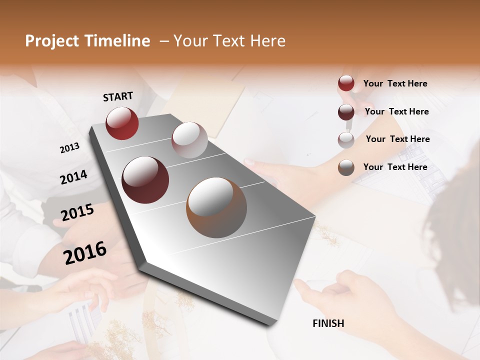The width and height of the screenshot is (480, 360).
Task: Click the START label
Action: [118, 96]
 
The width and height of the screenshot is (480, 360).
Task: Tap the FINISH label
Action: [328, 323]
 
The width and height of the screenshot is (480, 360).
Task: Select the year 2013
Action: [69, 148]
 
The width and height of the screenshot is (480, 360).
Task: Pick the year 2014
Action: [73, 177]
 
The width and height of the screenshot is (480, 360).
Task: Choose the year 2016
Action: [85, 253]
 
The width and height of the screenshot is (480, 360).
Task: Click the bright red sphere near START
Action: [122, 123]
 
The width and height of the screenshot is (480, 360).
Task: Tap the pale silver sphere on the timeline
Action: [189, 140]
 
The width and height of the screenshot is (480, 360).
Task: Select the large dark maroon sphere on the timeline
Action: [145, 180]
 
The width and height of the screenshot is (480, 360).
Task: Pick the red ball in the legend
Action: [346, 83]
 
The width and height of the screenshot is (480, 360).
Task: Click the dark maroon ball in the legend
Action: [346, 112]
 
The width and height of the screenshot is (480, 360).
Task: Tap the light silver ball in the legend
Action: [346, 139]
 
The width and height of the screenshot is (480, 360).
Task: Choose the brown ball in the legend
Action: [346, 167]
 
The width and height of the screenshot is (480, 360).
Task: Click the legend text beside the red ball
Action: [395, 84]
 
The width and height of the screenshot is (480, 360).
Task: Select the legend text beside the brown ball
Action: [395, 167]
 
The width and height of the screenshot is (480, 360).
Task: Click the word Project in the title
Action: [51, 41]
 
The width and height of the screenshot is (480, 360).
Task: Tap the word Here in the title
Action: [267, 41]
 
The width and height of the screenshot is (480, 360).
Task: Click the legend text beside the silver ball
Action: [397, 139]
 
